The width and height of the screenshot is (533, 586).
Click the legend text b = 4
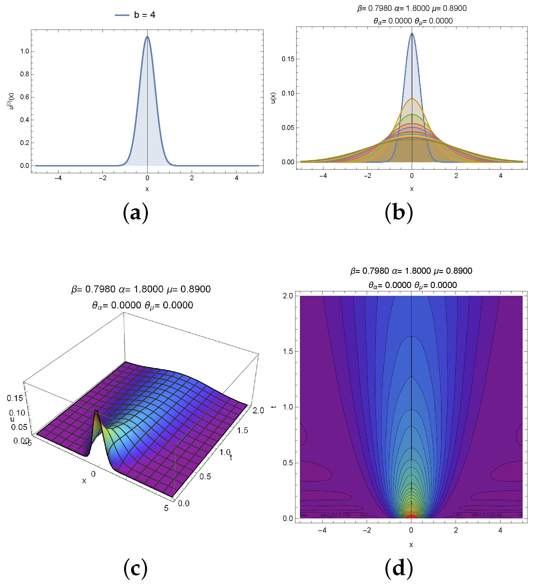tap(144, 15)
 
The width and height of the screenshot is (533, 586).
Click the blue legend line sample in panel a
tap(122, 15)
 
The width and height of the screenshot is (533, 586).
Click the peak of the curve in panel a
tap(147, 37)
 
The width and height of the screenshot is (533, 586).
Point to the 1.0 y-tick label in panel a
tap(25, 51)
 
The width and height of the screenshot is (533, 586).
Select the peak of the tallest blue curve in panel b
tap(412, 34)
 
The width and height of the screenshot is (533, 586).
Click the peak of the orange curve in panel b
tap(412, 99)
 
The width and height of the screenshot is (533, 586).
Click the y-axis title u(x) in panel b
tap(273, 98)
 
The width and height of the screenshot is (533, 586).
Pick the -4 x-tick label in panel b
tap(323, 176)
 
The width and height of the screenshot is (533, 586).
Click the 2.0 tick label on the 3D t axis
tap(258, 411)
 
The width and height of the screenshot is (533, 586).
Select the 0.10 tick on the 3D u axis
tap(17, 413)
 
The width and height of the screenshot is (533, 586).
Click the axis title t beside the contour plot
tap(273, 406)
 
